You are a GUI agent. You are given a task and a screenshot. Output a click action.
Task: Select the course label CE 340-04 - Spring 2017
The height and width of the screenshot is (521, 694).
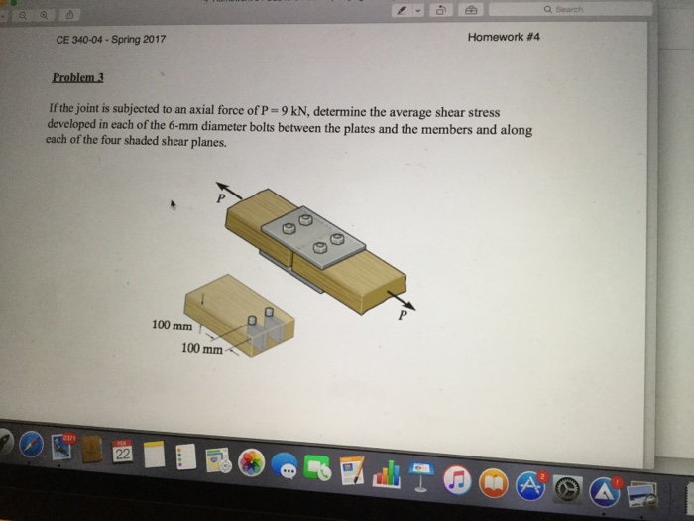pos(111,40)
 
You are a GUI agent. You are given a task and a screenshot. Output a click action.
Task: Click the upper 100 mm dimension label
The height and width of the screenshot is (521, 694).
pos(172,325)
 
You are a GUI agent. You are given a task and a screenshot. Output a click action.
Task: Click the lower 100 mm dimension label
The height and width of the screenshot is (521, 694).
pos(201,348)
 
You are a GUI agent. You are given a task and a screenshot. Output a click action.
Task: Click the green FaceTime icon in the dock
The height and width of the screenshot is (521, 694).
pos(318,468)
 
